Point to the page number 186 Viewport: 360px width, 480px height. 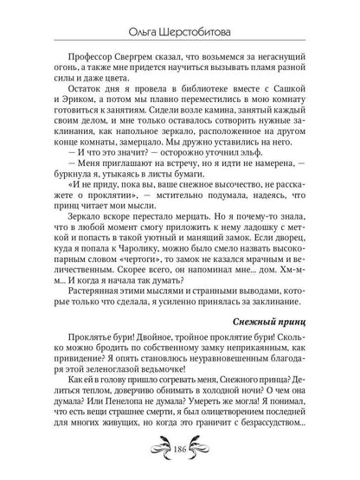point(180,454)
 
